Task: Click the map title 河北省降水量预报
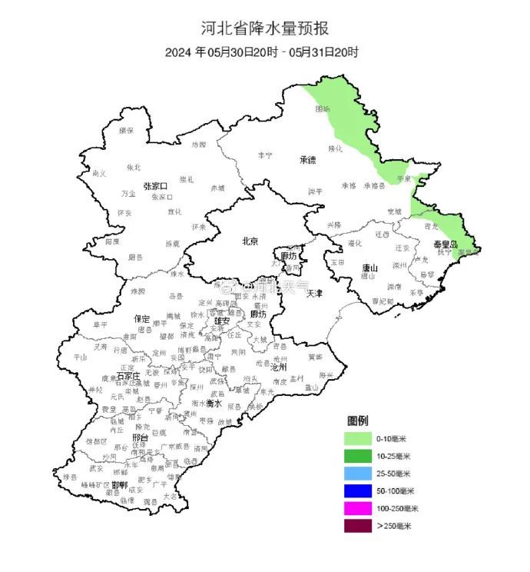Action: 265,29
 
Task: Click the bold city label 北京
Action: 250,241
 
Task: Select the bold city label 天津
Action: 314,293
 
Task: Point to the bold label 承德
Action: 308,160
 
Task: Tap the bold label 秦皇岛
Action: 446,244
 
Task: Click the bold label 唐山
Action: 370,268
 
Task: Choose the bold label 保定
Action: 141,318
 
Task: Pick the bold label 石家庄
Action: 128,376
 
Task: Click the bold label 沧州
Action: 279,368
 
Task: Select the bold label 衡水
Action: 213,403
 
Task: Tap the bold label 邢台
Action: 140,437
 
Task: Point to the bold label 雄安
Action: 222,321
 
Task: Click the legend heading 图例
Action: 358,421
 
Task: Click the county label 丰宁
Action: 265,155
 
